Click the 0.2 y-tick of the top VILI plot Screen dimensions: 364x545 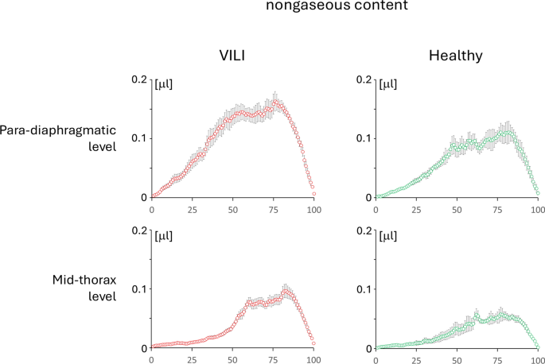point(138,79)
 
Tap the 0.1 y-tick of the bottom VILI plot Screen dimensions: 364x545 point(138,288)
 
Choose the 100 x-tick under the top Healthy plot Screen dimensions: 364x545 point(538,211)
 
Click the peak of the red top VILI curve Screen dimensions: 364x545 point(275,102)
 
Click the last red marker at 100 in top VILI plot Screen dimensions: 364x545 point(314,193)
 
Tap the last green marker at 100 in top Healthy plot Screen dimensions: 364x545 point(539,193)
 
